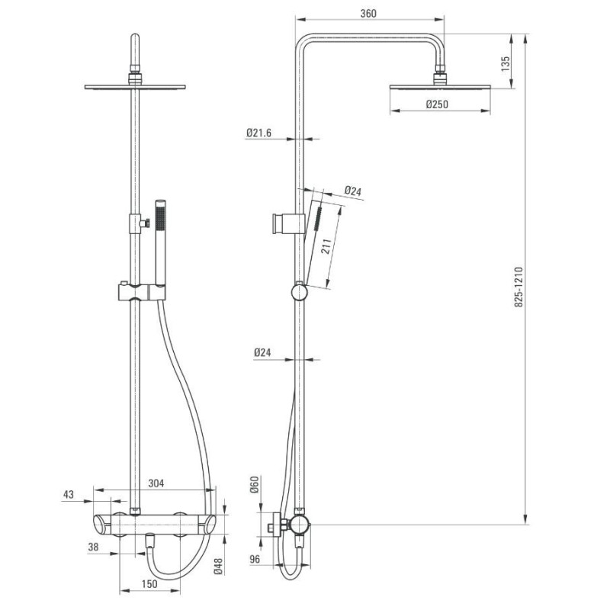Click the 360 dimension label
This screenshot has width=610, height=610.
pos(368,14)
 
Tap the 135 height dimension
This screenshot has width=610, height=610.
pos(505,64)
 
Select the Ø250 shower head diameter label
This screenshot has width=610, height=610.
pos(437,104)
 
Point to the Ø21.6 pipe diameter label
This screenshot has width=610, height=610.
pos(258,133)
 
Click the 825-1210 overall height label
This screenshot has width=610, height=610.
pos(519,287)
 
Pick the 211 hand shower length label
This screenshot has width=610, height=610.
pos(326,246)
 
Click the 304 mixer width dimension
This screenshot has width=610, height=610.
pos(156,483)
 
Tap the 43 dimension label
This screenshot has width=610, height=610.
pos(68,494)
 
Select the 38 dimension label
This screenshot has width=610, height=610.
pos(93,547)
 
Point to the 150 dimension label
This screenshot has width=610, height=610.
pos(149,583)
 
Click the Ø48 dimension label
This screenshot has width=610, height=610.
pos(218,566)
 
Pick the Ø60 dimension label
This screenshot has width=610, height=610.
pos(255,484)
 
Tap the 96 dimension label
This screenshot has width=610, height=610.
pos(255,559)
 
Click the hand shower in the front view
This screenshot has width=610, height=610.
pos(160,243)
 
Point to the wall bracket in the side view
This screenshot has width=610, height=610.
pos(288,223)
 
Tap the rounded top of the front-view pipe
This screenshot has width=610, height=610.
pos(135,36)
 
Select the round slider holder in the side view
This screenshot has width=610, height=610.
pos(299,293)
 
